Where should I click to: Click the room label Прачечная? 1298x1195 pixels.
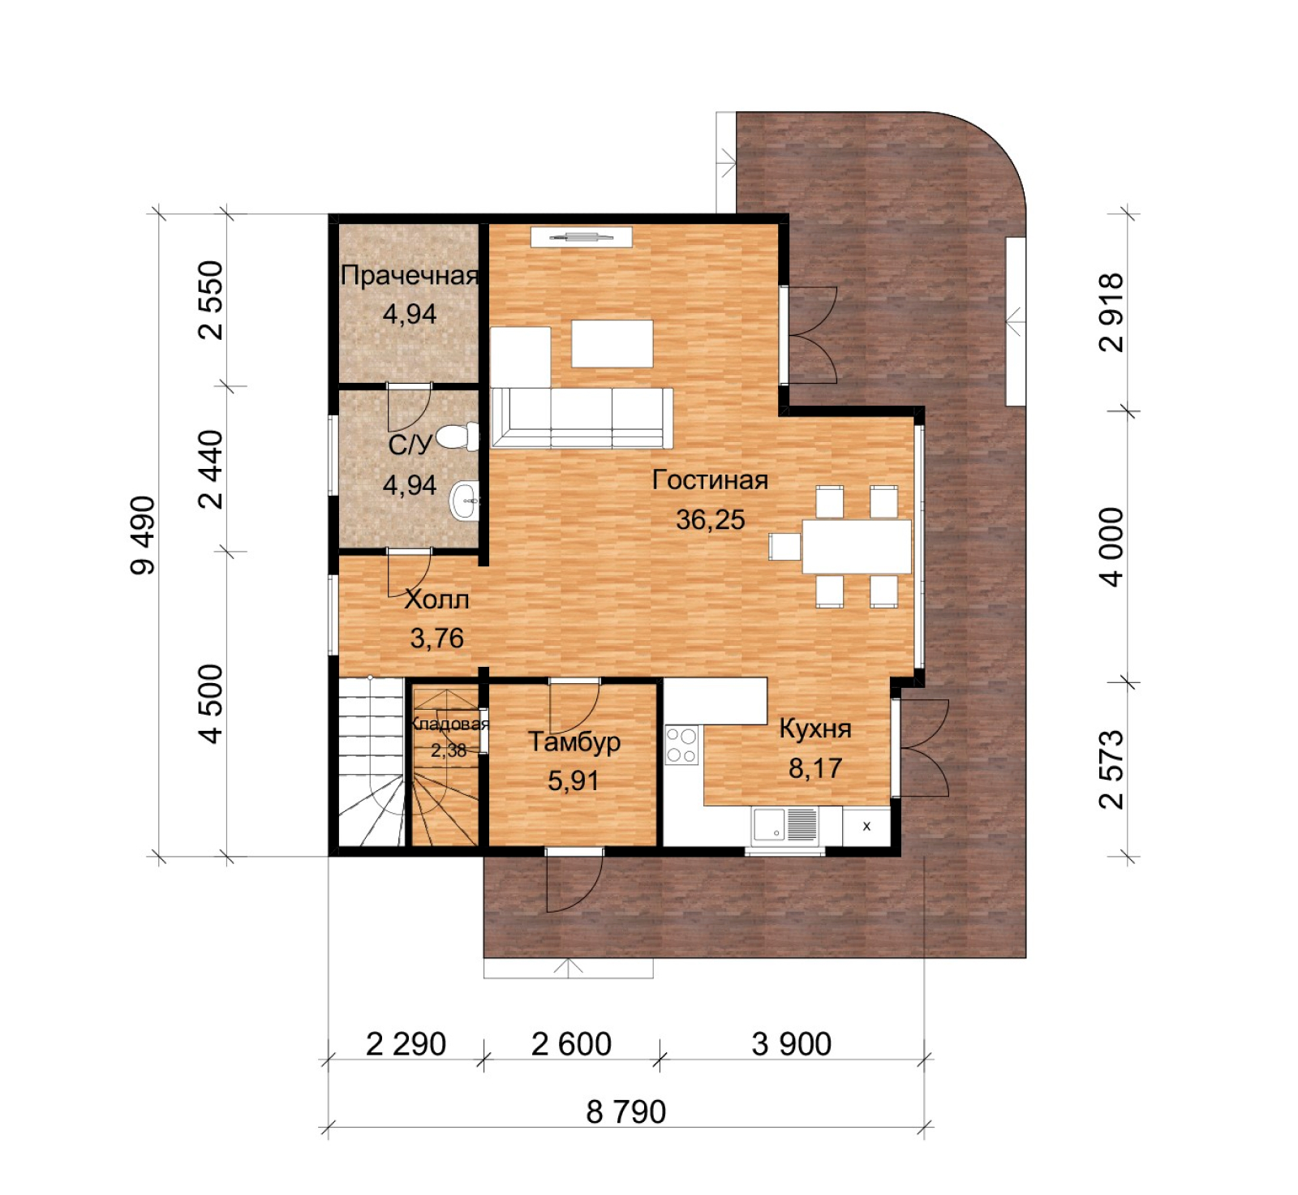pos(410,276)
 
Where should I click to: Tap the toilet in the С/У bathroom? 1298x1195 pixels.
pos(459,436)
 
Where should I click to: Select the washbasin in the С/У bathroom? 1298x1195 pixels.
pos(465,501)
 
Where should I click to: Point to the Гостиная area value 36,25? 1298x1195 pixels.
pos(710,520)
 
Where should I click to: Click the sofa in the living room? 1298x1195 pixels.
pos(582,418)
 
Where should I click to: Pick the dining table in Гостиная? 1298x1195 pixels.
pos(856,547)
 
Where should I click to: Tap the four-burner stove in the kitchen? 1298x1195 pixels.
pos(681,746)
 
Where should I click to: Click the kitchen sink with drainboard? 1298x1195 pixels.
pos(784,825)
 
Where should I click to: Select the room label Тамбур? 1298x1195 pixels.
pos(574,742)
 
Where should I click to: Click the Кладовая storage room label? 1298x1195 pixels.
pos(449,724)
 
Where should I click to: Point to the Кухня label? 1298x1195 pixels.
pos(815,729)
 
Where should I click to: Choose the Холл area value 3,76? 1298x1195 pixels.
pos(436,638)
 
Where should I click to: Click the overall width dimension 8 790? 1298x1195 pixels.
pos(625,1111)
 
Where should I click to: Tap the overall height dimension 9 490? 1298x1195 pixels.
pos(143,535)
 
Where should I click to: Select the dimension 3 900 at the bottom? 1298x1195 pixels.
pos(791,1044)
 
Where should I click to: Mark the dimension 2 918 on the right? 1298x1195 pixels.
pos(1111,312)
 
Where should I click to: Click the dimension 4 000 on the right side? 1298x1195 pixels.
pos(1111,547)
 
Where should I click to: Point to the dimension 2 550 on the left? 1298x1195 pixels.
pos(209,300)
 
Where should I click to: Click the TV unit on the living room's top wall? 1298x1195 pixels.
pos(581,237)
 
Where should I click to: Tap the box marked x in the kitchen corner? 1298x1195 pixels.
pos(866,827)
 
